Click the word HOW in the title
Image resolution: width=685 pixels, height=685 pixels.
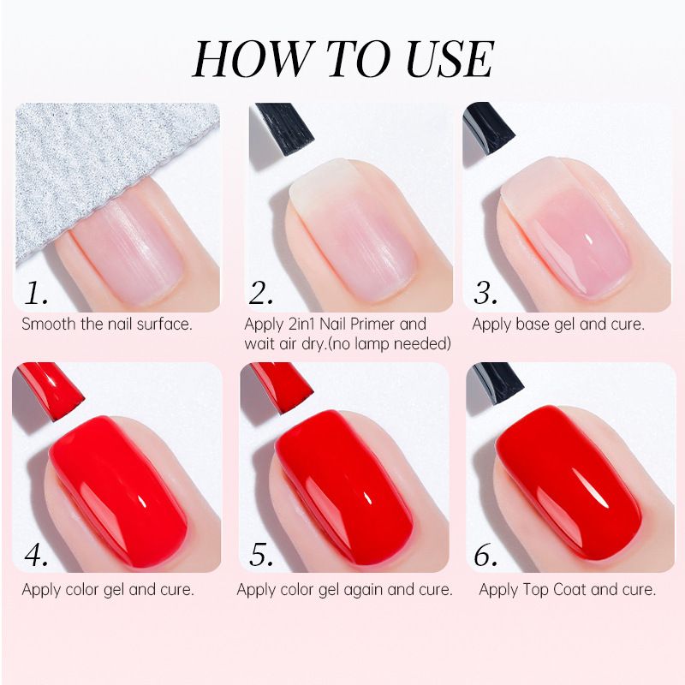[250, 59]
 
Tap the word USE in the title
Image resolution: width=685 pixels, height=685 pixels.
[450, 59]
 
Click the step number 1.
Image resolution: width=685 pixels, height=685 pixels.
[36, 293]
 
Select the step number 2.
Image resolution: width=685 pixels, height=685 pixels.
[261, 293]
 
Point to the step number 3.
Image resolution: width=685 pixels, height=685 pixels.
[485, 293]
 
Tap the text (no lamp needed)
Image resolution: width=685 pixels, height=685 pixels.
[390, 344]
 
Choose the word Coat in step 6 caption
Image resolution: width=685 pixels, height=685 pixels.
[569, 590]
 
